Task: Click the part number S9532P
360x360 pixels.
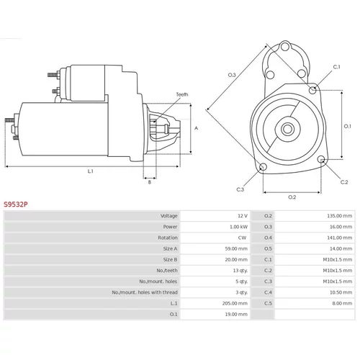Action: click(x=16, y=204)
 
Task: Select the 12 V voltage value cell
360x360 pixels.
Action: click(x=243, y=216)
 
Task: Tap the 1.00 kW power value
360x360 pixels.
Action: click(x=238, y=227)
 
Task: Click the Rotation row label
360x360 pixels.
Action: click(x=168, y=238)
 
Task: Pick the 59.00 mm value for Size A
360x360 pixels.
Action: click(x=236, y=248)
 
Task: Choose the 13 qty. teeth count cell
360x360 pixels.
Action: click(x=240, y=271)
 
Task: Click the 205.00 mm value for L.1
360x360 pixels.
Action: click(x=235, y=303)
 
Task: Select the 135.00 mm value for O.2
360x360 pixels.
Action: click(x=340, y=216)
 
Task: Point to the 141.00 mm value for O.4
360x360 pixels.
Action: click(x=340, y=238)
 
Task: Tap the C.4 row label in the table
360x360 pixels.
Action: click(x=268, y=292)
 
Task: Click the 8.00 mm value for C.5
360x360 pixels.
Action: click(x=342, y=303)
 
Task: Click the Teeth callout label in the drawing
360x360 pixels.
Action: click(x=182, y=94)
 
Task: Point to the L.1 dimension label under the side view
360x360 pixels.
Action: click(x=90, y=171)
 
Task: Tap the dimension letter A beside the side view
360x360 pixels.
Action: click(x=196, y=128)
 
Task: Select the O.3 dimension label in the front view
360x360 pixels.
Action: click(x=232, y=75)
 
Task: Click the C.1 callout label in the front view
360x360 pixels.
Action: click(x=337, y=67)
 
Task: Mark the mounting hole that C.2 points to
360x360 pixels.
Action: click(x=321, y=159)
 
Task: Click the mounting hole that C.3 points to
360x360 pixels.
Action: click(x=264, y=166)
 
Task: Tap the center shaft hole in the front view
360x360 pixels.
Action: click(x=287, y=129)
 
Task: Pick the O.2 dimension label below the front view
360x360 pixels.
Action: click(x=292, y=197)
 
